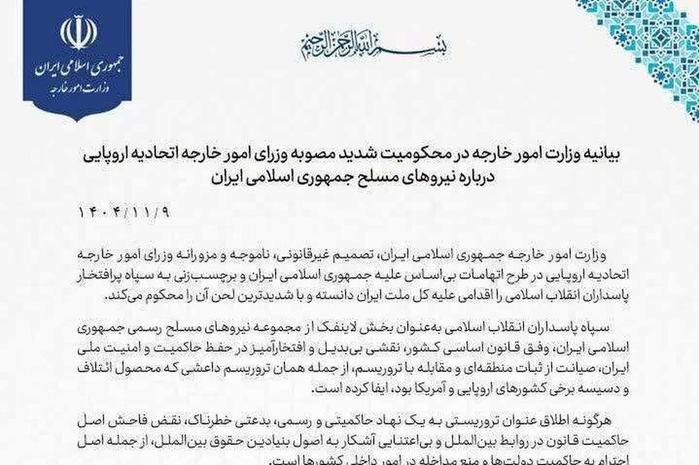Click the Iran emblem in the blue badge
pyautogui.click(x=78, y=33)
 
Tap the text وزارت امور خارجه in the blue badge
pyautogui.click(x=78, y=91)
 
